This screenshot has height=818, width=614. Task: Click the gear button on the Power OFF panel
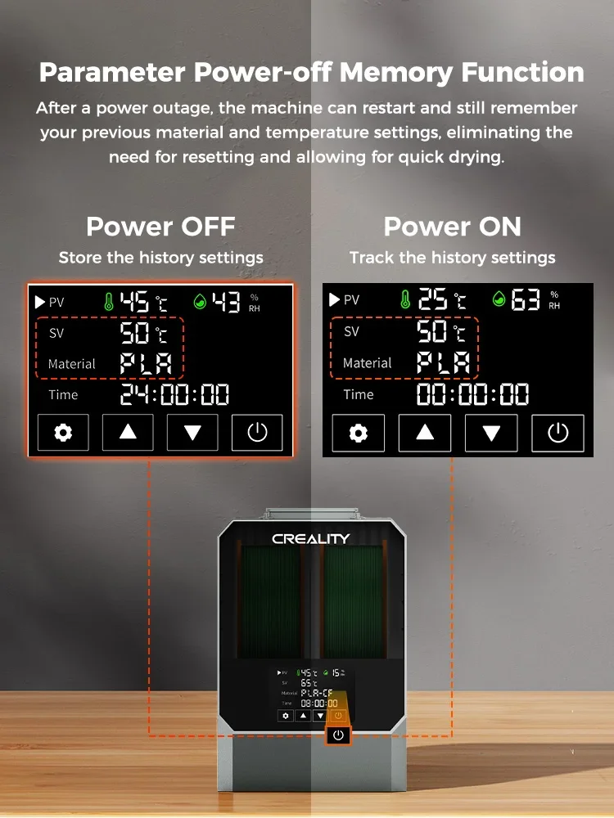63,433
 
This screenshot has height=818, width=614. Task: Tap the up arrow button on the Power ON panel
424,433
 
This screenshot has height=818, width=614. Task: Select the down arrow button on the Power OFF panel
192,433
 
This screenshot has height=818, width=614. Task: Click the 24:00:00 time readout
174,394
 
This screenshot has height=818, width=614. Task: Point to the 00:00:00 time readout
472,394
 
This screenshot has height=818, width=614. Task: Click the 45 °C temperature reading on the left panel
143,302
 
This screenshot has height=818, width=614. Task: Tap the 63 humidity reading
525,299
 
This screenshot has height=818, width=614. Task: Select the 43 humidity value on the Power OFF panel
226,302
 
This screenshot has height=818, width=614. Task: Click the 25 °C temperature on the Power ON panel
442,299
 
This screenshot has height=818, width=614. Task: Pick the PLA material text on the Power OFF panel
146,364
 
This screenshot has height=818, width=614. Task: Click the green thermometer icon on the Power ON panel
404,299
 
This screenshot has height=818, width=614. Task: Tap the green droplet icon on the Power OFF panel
200,302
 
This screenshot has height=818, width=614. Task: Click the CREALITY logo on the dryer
310,539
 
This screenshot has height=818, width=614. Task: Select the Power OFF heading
160,227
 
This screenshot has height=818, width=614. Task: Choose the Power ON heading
452,227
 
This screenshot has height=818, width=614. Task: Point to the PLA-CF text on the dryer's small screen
316,694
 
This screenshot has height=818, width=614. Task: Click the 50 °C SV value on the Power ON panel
441,331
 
